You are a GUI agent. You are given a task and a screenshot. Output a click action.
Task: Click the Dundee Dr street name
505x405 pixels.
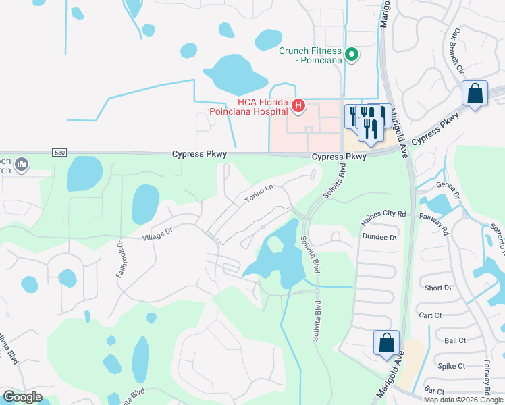tap(379, 237)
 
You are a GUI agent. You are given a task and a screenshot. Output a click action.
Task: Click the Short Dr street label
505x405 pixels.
tap(437, 288)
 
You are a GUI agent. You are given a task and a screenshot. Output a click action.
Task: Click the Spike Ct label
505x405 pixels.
tap(451, 366)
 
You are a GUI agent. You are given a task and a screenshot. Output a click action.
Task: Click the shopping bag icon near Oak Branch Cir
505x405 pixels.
tap(475, 93)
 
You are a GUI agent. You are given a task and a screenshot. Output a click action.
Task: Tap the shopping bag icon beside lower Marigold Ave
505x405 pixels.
tap(387, 342)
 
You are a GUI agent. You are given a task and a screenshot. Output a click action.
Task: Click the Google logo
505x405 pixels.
tap(22, 396)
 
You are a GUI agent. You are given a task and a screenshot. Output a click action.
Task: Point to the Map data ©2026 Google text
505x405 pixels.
tap(462, 399)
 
